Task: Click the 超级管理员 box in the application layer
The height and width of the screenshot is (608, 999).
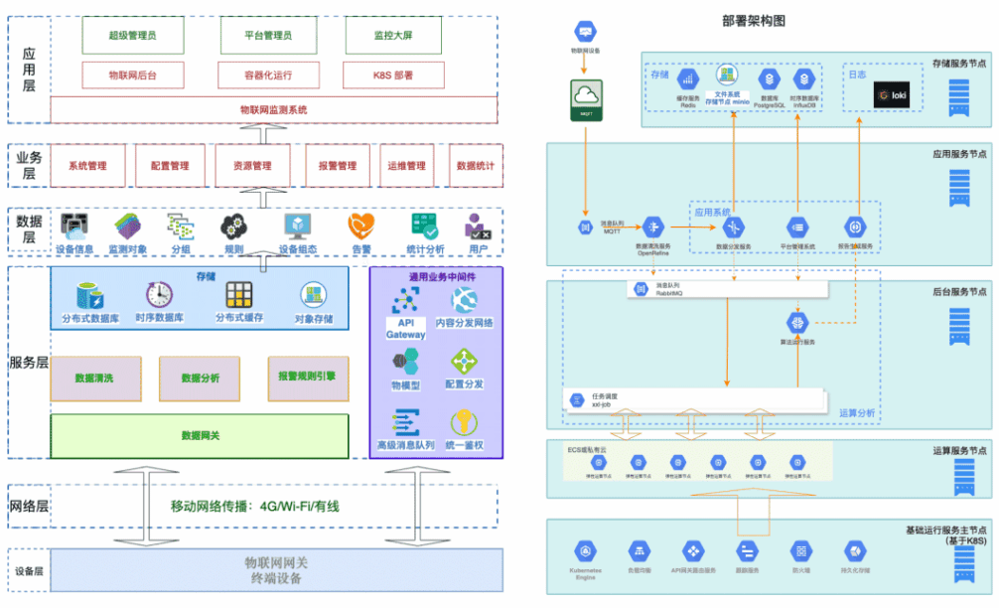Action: point(132,36)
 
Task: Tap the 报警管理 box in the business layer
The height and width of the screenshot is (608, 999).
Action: point(332,165)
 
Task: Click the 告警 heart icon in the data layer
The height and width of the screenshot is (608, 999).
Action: point(361,226)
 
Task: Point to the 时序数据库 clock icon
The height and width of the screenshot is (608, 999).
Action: point(159,295)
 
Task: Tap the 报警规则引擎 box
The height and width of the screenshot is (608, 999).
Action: point(307,378)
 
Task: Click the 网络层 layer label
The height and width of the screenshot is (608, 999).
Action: point(29,506)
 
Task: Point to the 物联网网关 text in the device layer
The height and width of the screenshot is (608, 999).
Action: point(276,562)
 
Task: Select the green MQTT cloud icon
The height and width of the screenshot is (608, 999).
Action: point(585,98)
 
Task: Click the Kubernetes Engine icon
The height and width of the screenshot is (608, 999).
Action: point(584,551)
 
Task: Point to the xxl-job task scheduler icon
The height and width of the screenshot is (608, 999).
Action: point(576,400)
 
